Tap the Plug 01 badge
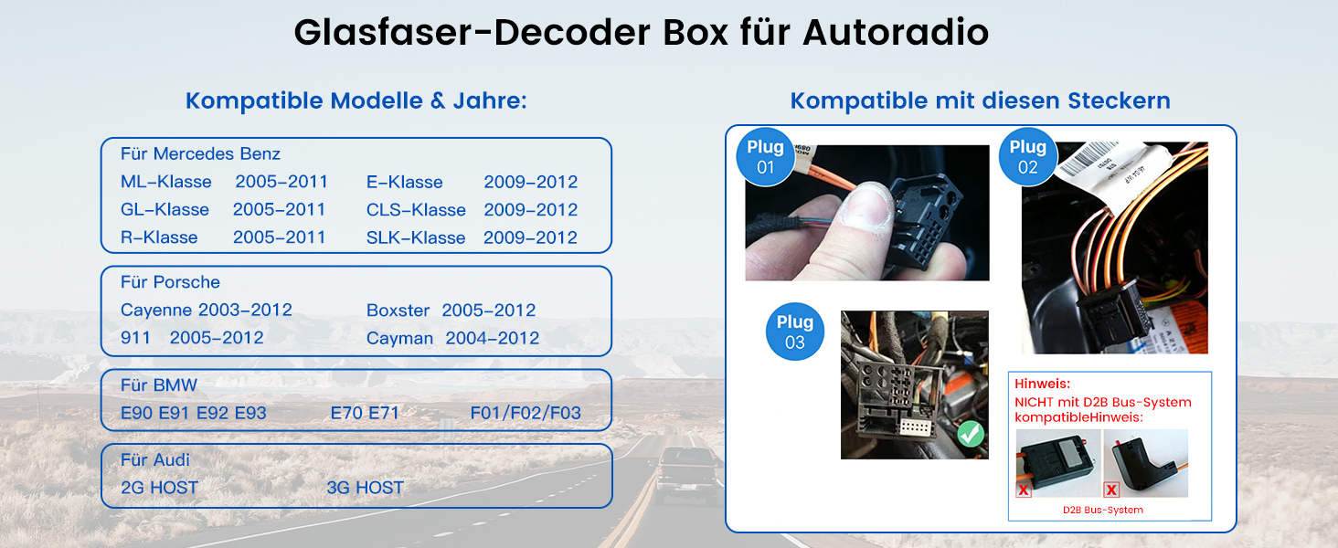[765, 156]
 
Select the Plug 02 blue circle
[1027, 156]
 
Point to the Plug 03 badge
[794, 332]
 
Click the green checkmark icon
[971, 434]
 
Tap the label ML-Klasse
[166, 182]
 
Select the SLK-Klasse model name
[416, 237]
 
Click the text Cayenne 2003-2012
[207, 311]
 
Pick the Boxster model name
[398, 311]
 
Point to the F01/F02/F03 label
[526, 413]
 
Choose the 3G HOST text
[365, 488]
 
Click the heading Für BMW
[159, 385]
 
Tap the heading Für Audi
[155, 459]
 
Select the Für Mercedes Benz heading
[200, 153]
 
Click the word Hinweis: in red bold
[1042, 384]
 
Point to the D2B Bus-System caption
[1102, 510]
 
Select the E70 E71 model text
[365, 413]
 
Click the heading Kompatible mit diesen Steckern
[980, 100]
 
